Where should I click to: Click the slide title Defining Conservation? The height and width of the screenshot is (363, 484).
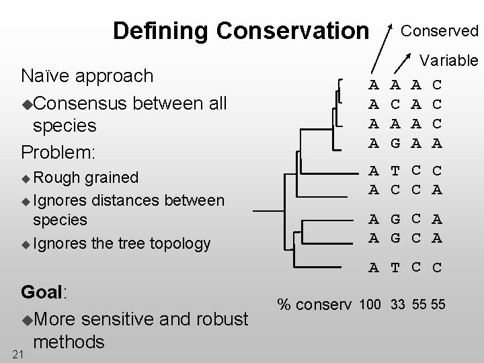pyautogui.click(x=241, y=31)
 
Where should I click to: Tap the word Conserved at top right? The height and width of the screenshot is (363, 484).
pyautogui.click(x=440, y=31)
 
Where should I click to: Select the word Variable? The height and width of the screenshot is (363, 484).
pyautogui.click(x=449, y=61)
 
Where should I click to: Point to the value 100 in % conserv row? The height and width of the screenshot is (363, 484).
pyautogui.click(x=371, y=305)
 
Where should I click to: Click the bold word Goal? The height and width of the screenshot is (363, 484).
pyautogui.click(x=42, y=293)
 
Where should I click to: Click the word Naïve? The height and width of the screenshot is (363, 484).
pyautogui.click(x=47, y=75)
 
